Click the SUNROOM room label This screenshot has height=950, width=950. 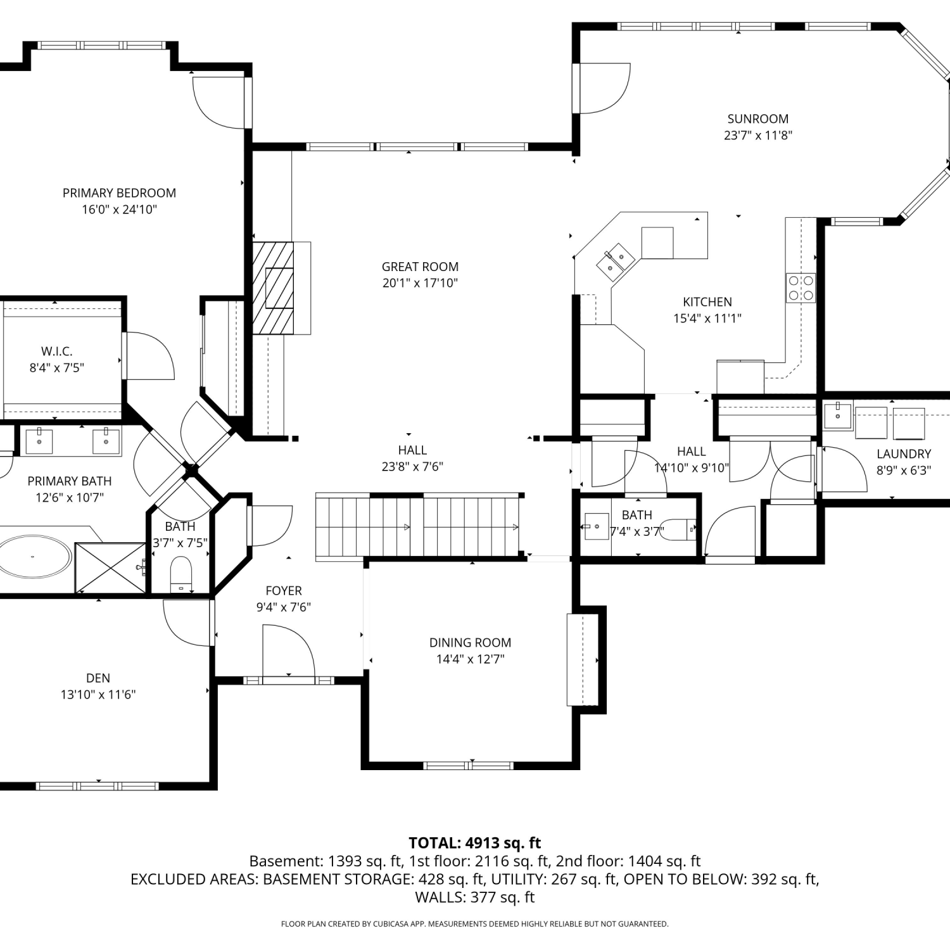[x=757, y=118]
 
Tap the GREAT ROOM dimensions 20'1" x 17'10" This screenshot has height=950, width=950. [x=420, y=283]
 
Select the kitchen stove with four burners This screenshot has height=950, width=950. [x=801, y=288]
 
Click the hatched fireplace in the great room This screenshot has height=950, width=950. [x=273, y=288]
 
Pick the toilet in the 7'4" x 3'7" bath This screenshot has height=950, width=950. [x=680, y=528]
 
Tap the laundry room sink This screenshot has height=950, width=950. [x=838, y=415]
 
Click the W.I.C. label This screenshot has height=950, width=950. [x=57, y=351]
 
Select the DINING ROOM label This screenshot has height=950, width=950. [x=470, y=642]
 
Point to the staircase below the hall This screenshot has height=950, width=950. [x=418, y=527]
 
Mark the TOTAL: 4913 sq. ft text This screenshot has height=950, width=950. [x=475, y=843]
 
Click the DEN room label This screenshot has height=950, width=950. [x=98, y=678]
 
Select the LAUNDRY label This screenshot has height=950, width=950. [x=904, y=453]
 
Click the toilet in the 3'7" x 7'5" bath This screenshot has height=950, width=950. [x=181, y=573]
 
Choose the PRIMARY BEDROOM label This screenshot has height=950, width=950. [x=119, y=193]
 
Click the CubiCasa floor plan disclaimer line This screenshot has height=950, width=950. [x=475, y=924]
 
